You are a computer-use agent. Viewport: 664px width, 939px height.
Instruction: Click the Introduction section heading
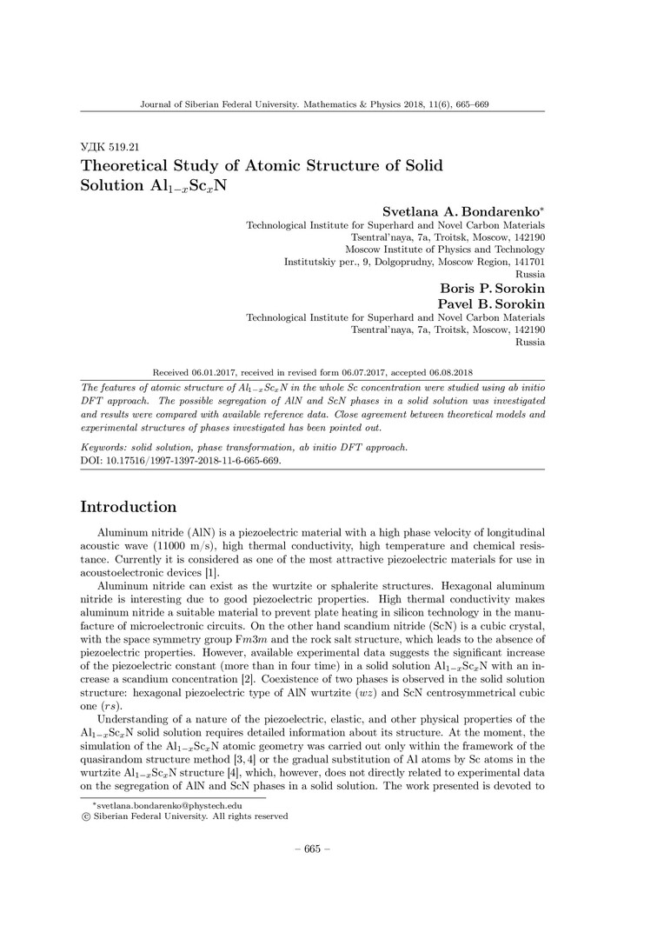tap(129, 507)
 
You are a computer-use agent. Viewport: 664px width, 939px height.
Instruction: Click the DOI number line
tap(181, 460)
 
